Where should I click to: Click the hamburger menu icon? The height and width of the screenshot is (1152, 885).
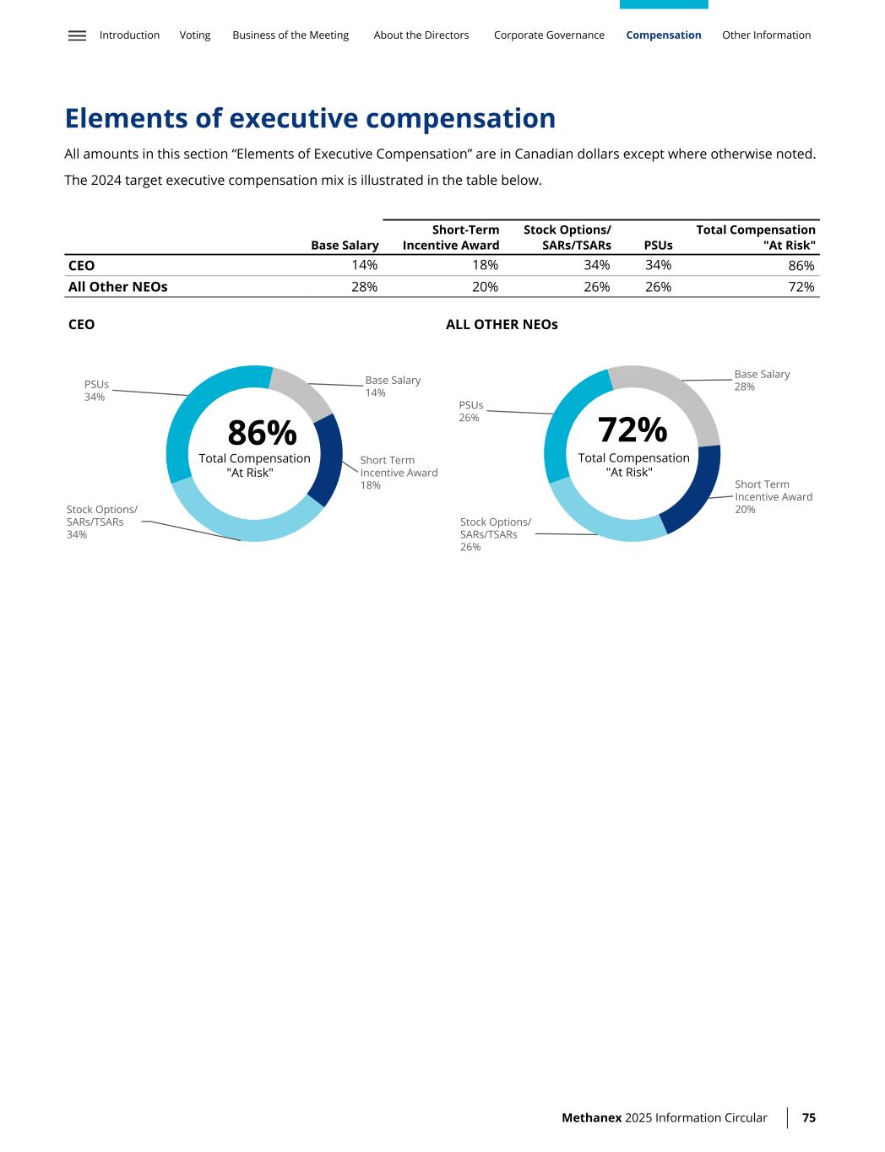pos(77,35)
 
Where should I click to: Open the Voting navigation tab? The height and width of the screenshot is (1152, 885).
pos(195,35)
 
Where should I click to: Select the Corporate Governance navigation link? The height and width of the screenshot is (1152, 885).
pos(549,35)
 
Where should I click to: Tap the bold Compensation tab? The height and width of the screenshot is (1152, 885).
pos(663,35)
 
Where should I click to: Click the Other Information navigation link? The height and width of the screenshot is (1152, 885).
pos(766,35)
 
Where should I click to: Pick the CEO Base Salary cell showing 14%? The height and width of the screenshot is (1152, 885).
pos(364,266)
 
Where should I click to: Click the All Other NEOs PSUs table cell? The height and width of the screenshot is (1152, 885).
pos(658,287)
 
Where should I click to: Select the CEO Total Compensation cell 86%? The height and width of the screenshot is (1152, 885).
pos(801,266)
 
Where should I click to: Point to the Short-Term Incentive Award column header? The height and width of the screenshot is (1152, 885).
pos(451,237)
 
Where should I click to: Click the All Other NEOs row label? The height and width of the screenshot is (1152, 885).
pos(117,287)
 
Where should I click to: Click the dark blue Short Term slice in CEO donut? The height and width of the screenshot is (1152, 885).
pos(327,459)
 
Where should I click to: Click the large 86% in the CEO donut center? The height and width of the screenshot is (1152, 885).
pos(262,434)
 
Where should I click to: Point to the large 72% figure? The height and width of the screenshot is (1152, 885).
pos(633,430)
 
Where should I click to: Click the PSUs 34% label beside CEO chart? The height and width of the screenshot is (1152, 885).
pos(96,391)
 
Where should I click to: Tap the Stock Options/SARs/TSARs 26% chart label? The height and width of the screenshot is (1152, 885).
pos(495,534)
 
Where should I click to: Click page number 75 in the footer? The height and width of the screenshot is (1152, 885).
pos(808,1117)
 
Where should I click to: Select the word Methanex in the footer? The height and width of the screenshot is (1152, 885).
pos(591,1117)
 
